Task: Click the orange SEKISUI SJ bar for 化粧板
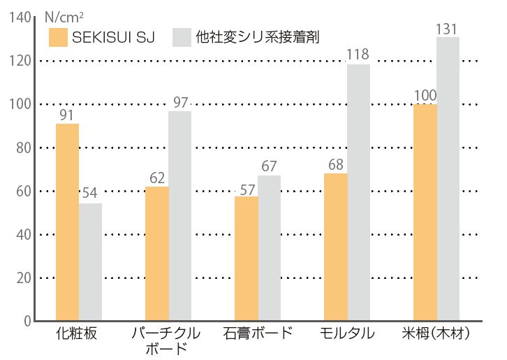pyautogui.click(x=67, y=222)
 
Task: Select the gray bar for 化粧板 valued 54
pyautogui.click(x=91, y=262)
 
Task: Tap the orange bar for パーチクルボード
pyautogui.click(x=156, y=254)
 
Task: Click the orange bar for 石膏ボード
pyautogui.click(x=246, y=259)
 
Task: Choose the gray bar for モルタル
pyautogui.click(x=359, y=192)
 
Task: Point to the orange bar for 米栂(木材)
pyautogui.click(x=425, y=213)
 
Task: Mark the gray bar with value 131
pyautogui.click(x=448, y=179)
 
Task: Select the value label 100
pyautogui.click(x=425, y=95)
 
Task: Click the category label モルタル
pyautogui.click(x=347, y=334)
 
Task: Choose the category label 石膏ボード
pyautogui.click(x=257, y=334)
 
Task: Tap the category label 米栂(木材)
pyautogui.click(x=436, y=334)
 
